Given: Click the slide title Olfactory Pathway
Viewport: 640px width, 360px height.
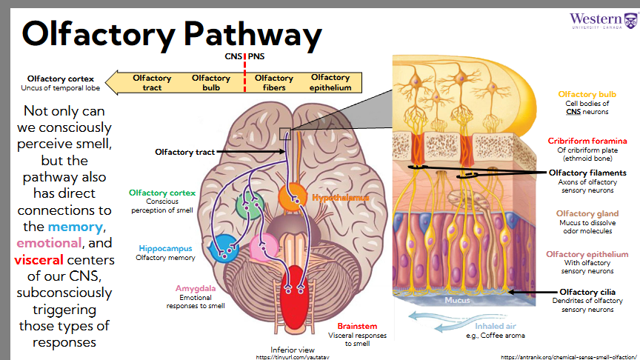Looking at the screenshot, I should [x=172, y=34].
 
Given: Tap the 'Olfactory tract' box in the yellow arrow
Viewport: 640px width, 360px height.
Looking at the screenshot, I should [x=152, y=82].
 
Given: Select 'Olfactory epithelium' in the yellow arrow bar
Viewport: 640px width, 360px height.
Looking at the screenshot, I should [x=330, y=82].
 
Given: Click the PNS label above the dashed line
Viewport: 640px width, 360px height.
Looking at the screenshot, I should [x=256, y=56].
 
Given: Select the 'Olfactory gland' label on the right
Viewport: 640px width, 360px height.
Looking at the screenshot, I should [x=587, y=213].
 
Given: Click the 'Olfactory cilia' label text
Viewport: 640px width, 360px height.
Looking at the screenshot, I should [x=587, y=292].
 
